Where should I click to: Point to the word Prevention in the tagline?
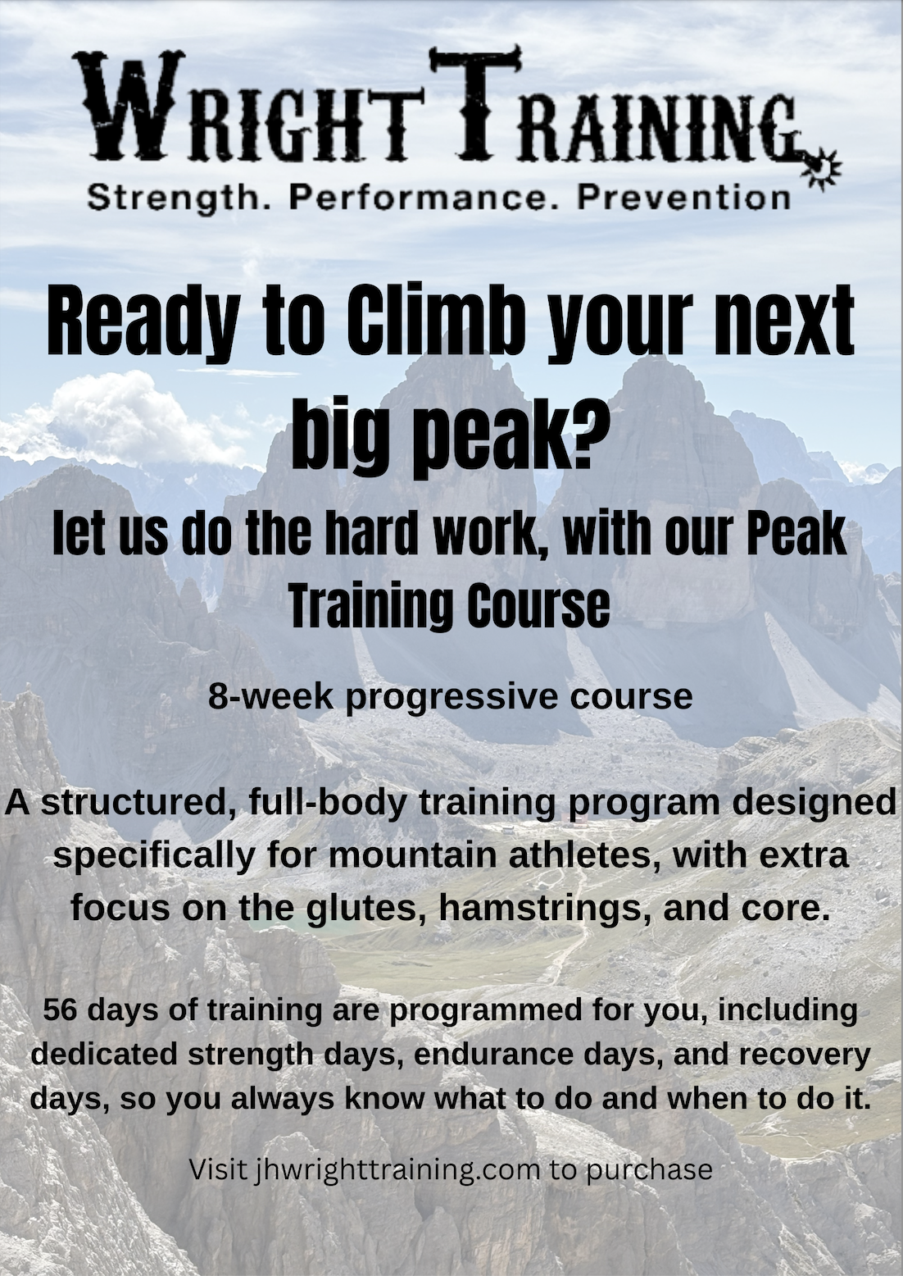pyautogui.click(x=683, y=198)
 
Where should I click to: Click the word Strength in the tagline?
pyautogui.click(x=175, y=198)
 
